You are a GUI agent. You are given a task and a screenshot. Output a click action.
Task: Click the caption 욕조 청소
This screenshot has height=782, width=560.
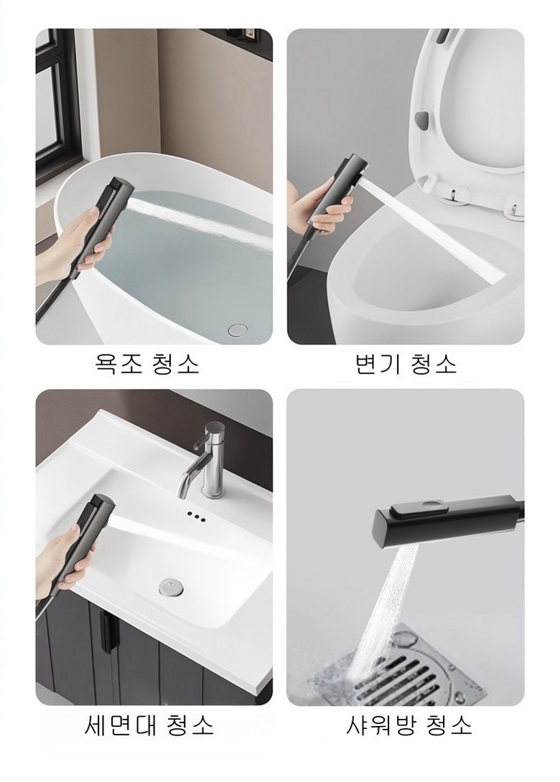click(147, 364)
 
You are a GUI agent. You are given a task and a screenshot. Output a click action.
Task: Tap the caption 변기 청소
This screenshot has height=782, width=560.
click(406, 364)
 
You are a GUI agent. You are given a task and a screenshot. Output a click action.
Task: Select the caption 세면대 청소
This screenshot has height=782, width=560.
click(149, 725)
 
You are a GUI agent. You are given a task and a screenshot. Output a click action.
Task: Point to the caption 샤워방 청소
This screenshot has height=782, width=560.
click(409, 725)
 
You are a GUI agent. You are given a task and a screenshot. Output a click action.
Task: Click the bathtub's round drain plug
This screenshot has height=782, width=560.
click(238, 329)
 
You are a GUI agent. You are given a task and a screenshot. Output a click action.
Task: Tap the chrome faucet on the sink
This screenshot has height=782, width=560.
click(204, 460)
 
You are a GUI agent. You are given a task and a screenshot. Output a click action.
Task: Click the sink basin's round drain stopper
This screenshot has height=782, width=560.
click(171, 587)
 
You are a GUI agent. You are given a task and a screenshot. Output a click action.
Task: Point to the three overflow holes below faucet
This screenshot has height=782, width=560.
click(197, 516)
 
